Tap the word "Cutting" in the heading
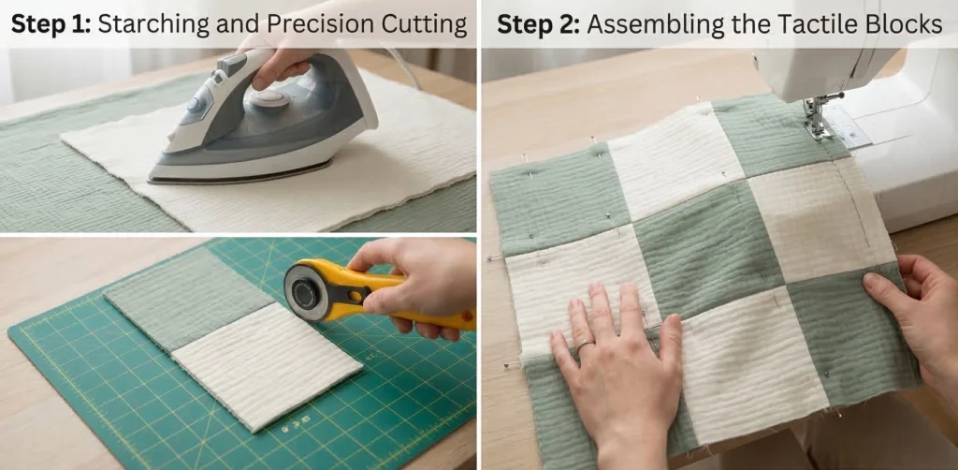pos(431,24)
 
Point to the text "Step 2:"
pos(537,25)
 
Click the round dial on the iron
pos(270,98)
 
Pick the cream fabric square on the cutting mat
pos(267,365)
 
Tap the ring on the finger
pos(585,345)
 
